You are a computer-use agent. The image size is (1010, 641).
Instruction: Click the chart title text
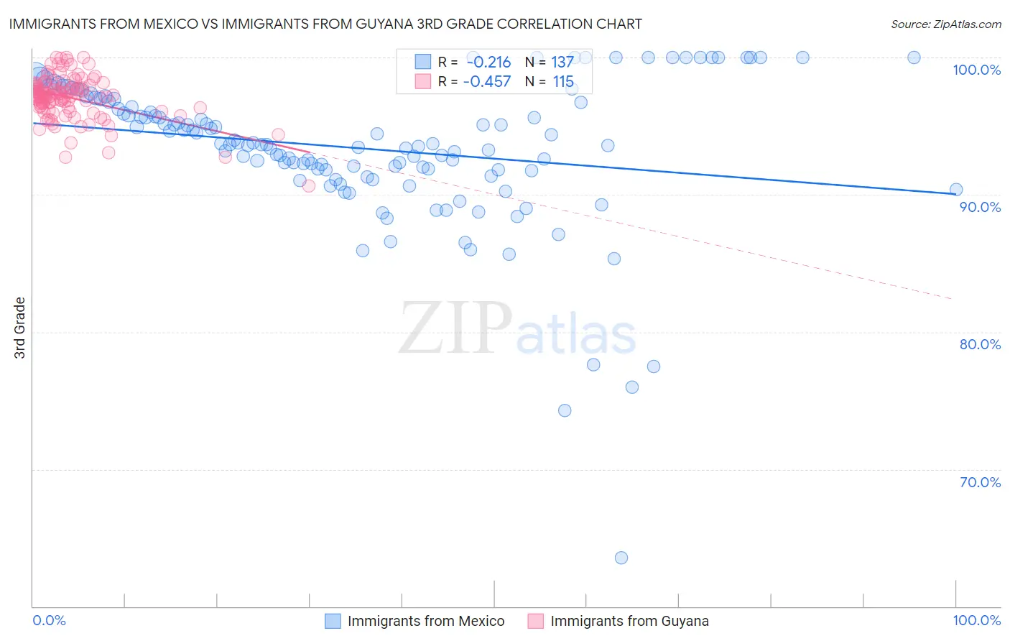coord(325,24)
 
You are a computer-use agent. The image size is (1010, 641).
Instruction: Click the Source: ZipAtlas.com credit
coord(945,24)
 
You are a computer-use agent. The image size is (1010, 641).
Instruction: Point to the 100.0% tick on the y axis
coord(976,70)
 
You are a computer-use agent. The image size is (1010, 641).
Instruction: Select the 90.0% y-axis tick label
coord(980,207)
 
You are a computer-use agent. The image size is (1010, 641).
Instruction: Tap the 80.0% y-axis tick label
coord(980,344)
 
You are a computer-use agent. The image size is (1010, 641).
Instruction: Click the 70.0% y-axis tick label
coord(980,482)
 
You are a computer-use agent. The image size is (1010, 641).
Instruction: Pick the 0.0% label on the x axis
coord(50,620)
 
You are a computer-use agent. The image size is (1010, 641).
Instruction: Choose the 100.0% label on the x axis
coord(976,620)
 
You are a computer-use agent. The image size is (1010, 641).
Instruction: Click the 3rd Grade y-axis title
coord(20,328)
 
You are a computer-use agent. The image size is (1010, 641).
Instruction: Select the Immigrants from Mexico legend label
coord(426,621)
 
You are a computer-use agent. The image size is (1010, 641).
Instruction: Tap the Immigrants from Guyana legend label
coord(629,621)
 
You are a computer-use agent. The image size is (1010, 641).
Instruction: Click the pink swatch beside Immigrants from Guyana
coord(535,621)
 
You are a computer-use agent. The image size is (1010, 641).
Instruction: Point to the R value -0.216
coord(488,63)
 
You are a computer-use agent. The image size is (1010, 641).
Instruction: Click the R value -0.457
coord(487,82)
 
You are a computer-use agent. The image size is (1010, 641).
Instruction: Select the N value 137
coord(562,63)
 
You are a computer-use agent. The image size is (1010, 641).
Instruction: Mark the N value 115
coord(563,82)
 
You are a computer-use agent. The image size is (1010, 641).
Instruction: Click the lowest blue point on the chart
coord(621,558)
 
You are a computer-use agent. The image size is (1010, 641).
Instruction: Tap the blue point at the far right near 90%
coord(956,190)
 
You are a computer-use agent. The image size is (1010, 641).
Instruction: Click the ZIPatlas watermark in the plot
coord(517,328)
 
